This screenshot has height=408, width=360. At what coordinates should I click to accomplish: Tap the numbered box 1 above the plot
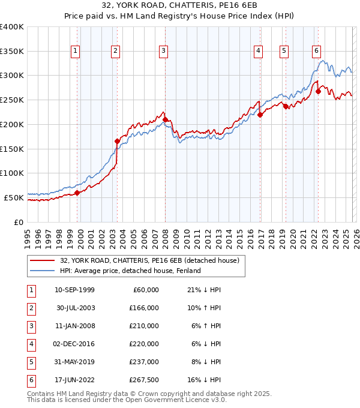[x=75, y=52]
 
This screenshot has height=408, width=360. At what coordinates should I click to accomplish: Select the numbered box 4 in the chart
[x=257, y=52]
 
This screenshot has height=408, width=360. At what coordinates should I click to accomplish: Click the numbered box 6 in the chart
[x=316, y=52]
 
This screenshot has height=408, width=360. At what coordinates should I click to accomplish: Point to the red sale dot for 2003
[x=118, y=141]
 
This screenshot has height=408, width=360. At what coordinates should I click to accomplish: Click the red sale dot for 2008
[x=165, y=119]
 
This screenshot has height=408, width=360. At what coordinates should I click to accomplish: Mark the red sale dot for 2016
[x=260, y=115]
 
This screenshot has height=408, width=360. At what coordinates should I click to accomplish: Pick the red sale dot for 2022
[x=318, y=92]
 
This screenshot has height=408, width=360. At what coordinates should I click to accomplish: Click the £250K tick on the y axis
[x=12, y=100]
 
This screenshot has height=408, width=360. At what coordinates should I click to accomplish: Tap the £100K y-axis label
[x=12, y=173]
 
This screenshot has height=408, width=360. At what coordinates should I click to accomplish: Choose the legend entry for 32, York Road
[x=149, y=260]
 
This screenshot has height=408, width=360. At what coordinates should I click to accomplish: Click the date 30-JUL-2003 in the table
[x=74, y=308]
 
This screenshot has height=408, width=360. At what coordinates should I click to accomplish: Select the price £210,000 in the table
[x=144, y=326]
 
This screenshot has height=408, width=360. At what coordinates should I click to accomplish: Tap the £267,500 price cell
[x=144, y=380]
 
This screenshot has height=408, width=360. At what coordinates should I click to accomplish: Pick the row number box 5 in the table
[x=30, y=362]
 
